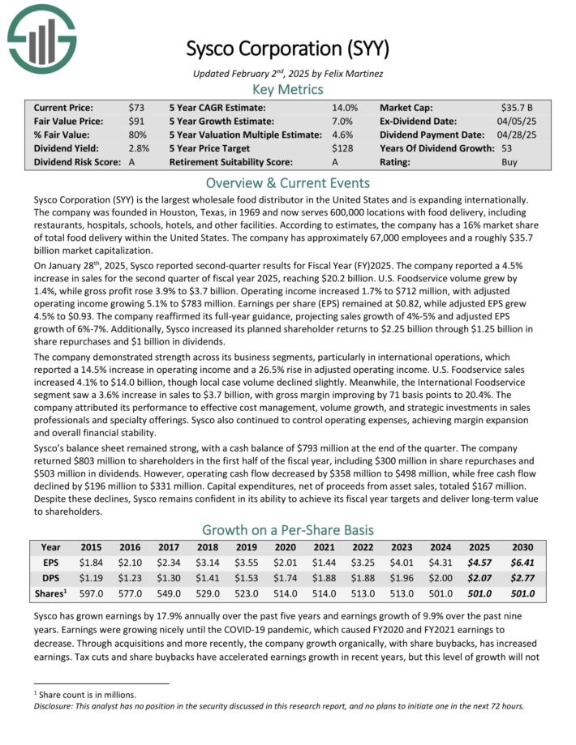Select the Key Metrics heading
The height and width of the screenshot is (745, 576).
287,89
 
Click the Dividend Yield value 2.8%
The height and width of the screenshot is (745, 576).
139,148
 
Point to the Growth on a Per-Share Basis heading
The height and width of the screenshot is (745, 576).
287,530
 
